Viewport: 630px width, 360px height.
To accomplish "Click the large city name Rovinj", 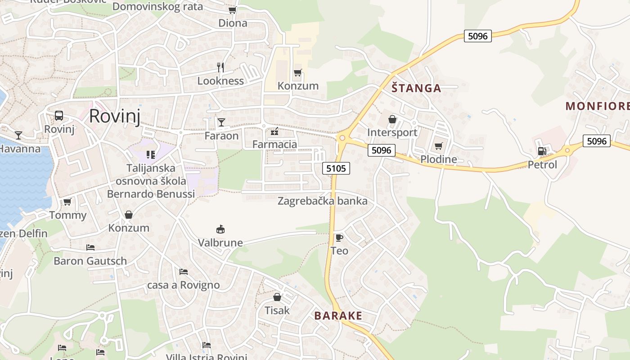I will click(x=114, y=116).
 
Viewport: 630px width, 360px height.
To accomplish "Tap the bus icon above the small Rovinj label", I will click(x=59, y=116).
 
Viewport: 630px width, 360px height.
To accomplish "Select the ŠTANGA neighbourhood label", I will click(x=416, y=88).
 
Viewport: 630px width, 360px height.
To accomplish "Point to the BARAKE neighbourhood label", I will click(x=338, y=315).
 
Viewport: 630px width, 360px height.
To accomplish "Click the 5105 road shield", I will click(x=336, y=168).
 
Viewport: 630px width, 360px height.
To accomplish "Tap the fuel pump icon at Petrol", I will click(x=542, y=151).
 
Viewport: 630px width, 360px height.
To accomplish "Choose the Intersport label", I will click(x=392, y=132).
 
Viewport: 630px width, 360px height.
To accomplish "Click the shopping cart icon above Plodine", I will click(x=438, y=146).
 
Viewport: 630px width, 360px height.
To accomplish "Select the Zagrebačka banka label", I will click(x=322, y=201).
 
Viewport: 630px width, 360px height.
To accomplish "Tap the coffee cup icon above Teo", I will click(x=339, y=238).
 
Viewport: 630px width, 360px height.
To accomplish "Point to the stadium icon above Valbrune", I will click(x=220, y=229).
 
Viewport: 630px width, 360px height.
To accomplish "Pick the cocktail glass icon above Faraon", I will click(x=221, y=122).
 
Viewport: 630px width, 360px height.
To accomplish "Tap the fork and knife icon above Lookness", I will click(x=220, y=67).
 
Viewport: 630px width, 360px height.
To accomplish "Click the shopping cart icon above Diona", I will click(x=232, y=10).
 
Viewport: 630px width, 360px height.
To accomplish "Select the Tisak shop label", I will click(x=277, y=310).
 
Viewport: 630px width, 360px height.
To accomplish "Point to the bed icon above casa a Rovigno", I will click(x=183, y=272).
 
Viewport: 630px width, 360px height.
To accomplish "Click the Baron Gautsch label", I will click(x=90, y=261).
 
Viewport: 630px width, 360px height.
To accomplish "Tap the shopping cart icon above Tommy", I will click(x=67, y=202).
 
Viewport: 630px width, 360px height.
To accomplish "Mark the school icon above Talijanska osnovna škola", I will click(x=150, y=155).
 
